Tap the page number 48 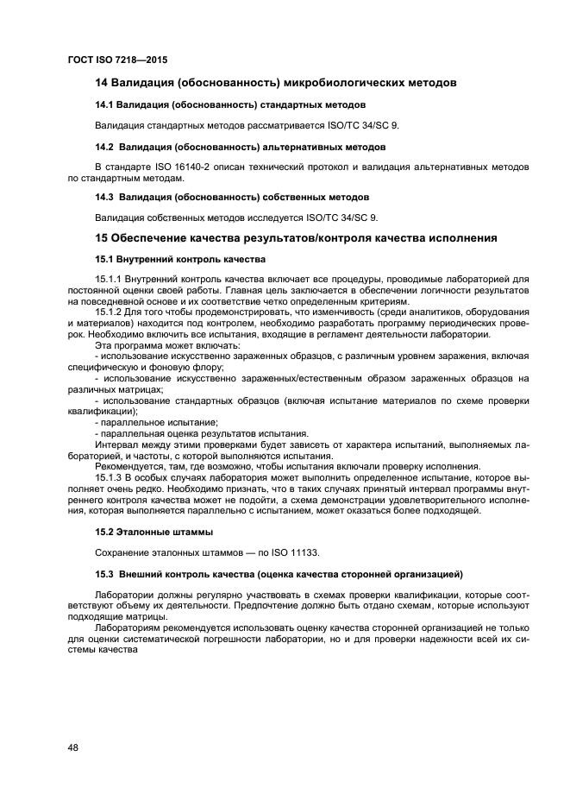[73, 747]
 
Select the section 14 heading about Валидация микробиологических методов [275, 83]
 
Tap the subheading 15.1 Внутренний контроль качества [179, 259]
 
